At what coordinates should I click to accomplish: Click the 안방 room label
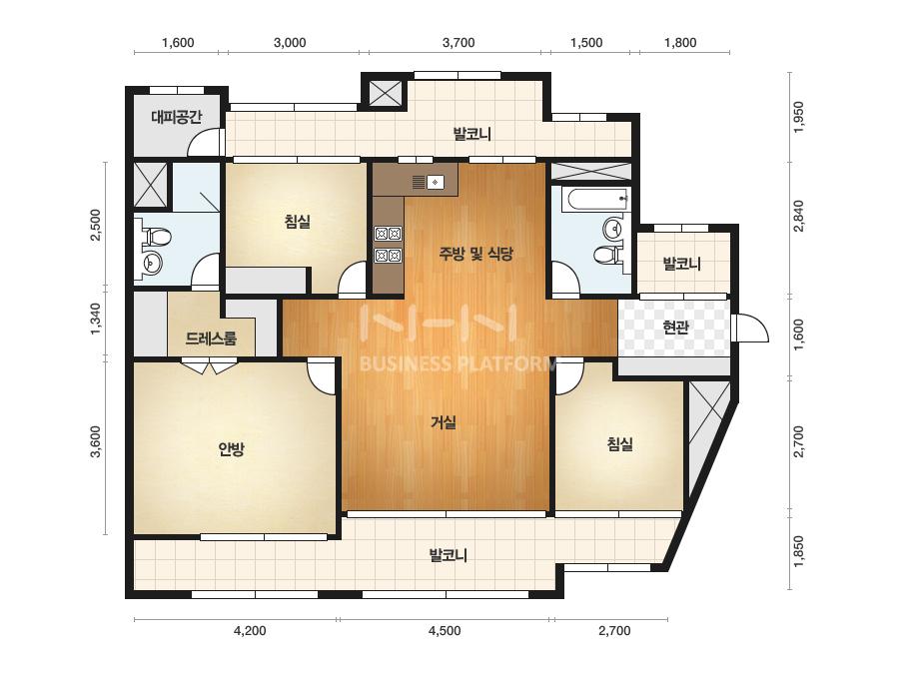(x=231, y=449)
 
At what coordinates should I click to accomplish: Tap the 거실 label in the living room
(x=444, y=422)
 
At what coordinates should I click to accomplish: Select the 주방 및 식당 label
(x=475, y=254)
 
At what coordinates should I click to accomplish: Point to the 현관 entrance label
(x=675, y=327)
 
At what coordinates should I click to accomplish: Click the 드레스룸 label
(x=211, y=338)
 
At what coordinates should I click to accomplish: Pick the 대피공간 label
(x=177, y=117)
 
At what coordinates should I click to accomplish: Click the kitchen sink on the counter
(x=436, y=183)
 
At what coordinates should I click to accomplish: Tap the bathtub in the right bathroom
(x=595, y=200)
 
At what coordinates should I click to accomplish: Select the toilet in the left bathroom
(x=156, y=237)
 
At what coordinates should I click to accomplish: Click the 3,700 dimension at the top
(x=459, y=42)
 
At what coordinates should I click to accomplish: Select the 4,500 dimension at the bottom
(x=445, y=631)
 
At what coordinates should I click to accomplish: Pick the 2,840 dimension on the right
(x=798, y=216)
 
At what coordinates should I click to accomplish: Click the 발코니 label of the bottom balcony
(x=449, y=555)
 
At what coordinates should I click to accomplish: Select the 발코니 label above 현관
(x=682, y=264)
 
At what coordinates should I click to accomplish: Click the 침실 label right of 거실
(x=619, y=444)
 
